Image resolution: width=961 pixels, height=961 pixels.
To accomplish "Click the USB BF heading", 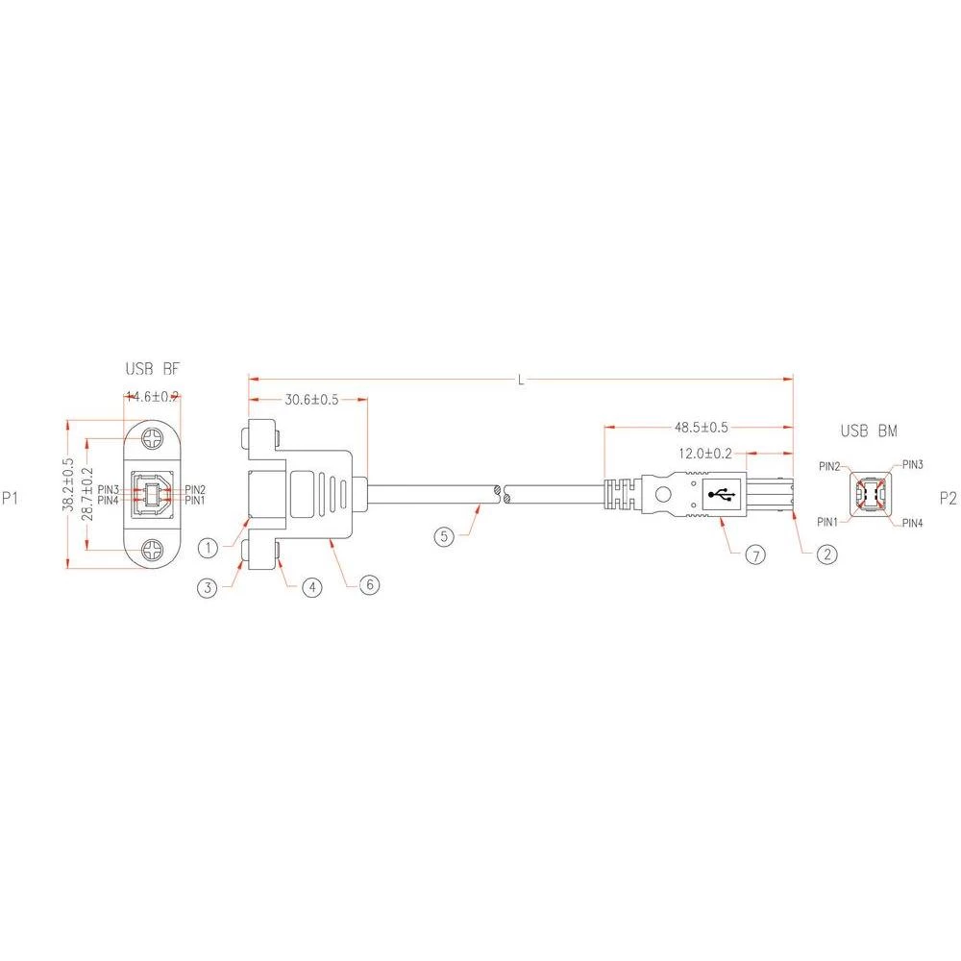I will coord(152,369).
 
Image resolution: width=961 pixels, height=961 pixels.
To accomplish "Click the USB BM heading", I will coord(869,431).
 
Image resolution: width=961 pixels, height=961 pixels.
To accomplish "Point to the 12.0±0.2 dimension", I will coord(706,454).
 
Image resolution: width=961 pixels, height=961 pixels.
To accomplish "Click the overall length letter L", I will coord(520,380).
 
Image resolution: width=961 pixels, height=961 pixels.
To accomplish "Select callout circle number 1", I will coord(209,548).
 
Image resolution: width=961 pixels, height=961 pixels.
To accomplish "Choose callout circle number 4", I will coord(309,588).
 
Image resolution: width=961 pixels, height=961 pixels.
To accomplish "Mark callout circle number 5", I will coord(443,536).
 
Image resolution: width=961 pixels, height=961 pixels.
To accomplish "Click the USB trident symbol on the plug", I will coord(721,495).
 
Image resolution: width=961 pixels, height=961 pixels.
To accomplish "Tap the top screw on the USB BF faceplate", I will coord(152,441).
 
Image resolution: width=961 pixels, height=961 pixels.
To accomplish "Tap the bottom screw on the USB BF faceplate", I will coord(152,551).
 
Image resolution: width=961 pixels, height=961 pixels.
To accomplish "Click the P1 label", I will coord(11,498).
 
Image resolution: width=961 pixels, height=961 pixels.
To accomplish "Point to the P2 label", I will coord(948,498).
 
